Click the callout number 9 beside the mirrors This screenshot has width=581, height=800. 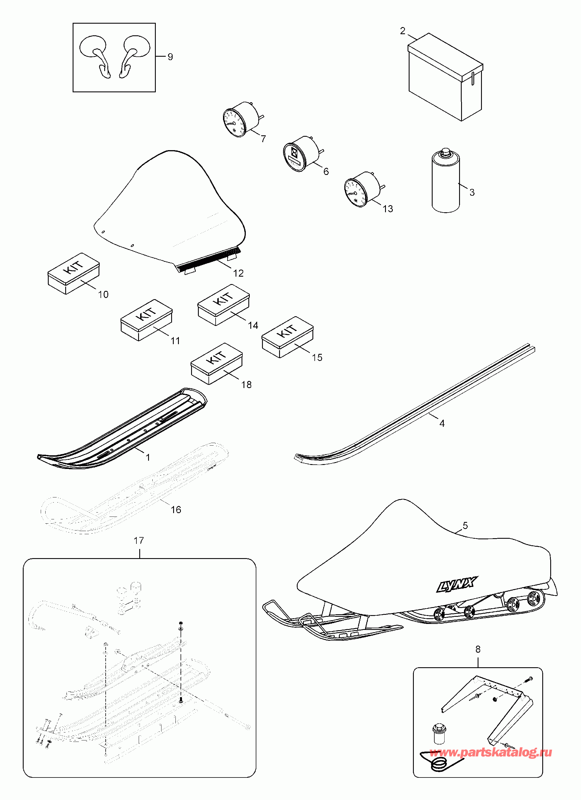point(170,57)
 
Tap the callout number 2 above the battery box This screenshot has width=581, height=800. point(403,31)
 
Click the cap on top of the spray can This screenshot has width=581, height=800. point(446,153)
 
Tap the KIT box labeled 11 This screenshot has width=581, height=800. point(147,320)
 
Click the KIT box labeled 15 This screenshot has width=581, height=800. point(287,336)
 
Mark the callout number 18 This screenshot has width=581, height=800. point(246,385)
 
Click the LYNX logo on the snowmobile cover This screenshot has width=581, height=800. point(457,585)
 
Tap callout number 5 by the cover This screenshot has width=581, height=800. point(465,526)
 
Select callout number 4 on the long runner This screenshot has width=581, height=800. point(442,423)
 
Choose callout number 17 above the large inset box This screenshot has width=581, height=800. point(138,540)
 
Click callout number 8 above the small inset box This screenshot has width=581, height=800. point(478,649)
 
